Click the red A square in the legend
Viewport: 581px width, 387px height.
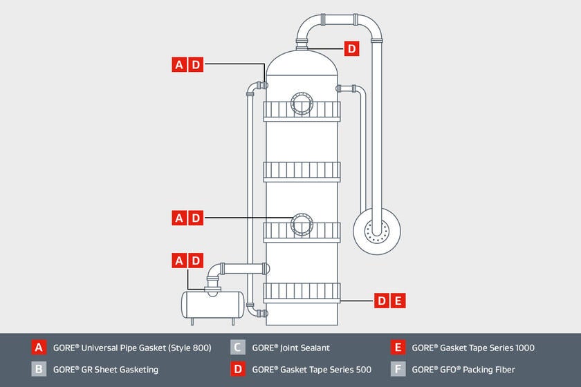pos(39,348)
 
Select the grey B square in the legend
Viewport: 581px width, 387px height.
pos(39,369)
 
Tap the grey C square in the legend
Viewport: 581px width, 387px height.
pos(238,348)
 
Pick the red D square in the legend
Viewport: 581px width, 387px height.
pos(238,369)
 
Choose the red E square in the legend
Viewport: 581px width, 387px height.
pos(397,348)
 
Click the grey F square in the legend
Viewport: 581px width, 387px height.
pos(397,369)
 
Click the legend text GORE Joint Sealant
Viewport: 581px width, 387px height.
pos(290,348)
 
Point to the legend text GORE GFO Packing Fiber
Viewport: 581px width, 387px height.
pos(463,369)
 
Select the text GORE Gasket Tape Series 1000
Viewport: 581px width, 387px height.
pos(472,348)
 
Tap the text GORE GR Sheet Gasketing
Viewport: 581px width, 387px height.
pos(105,369)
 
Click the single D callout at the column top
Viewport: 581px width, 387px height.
pos(351,48)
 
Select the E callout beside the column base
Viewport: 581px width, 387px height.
pos(397,301)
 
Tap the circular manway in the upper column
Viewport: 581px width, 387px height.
pos(302,103)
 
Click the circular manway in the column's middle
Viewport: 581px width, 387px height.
pos(302,224)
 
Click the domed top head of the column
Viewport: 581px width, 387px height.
pos(302,62)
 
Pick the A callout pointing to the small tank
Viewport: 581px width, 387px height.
pos(179,261)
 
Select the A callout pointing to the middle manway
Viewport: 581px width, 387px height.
pos(179,218)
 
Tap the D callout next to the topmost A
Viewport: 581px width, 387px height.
pos(196,65)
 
